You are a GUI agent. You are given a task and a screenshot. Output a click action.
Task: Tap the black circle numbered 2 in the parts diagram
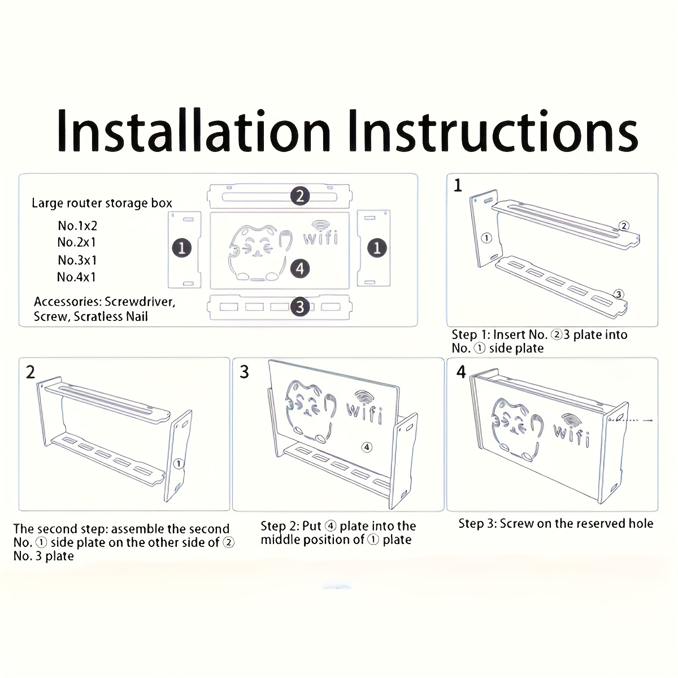pos(300,196)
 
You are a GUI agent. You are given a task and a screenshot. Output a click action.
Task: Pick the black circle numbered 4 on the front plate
pos(300,269)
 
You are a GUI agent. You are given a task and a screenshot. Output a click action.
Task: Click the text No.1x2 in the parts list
pos(77,225)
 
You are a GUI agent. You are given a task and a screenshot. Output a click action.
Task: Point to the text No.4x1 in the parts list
pos(76,277)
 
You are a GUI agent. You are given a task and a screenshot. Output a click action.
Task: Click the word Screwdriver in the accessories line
pos(140,302)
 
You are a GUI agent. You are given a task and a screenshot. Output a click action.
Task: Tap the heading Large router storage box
pos(102,203)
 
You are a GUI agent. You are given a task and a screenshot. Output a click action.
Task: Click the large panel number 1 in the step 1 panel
pos(458,185)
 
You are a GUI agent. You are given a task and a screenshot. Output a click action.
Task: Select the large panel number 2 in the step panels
pos(31,372)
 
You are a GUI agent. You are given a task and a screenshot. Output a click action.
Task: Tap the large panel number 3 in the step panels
pos(244,372)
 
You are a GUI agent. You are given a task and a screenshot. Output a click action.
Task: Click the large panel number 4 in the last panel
pos(461,372)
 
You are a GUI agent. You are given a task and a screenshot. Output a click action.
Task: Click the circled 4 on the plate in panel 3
pos(367,447)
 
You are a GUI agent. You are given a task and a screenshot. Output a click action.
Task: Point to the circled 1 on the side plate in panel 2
pos(179,463)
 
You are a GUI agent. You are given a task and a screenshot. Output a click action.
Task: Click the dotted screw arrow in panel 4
pos(631,420)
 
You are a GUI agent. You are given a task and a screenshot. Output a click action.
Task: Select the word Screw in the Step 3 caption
pos(516,524)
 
